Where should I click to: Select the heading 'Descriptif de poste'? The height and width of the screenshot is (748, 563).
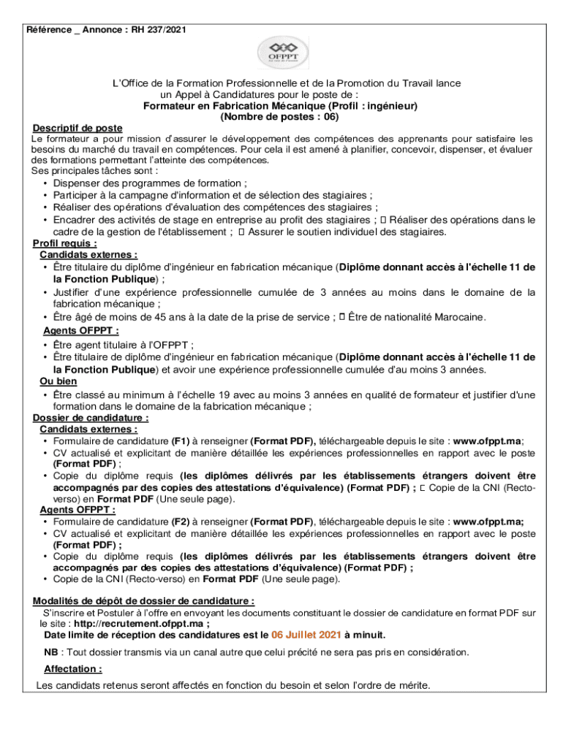78,128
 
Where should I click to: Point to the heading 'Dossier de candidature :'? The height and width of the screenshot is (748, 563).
91,418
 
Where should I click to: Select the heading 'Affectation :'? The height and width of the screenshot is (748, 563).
72,669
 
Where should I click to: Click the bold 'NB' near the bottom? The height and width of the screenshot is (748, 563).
51,652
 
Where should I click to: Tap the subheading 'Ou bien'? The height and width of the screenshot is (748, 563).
58,381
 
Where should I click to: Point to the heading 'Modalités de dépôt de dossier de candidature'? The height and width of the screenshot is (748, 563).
143,601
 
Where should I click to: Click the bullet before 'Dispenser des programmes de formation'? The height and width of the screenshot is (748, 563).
46,183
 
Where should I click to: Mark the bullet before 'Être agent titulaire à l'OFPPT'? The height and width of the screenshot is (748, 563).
46,346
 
